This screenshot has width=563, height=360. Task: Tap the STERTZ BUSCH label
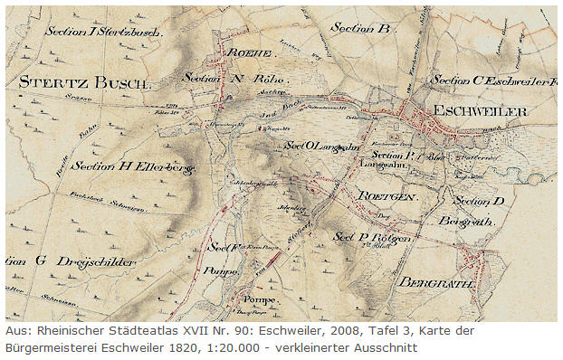[x=83, y=82]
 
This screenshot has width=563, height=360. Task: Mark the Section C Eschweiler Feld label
[x=492, y=81]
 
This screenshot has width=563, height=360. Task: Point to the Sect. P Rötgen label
[x=372, y=237]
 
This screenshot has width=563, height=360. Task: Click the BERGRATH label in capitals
[x=436, y=281]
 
